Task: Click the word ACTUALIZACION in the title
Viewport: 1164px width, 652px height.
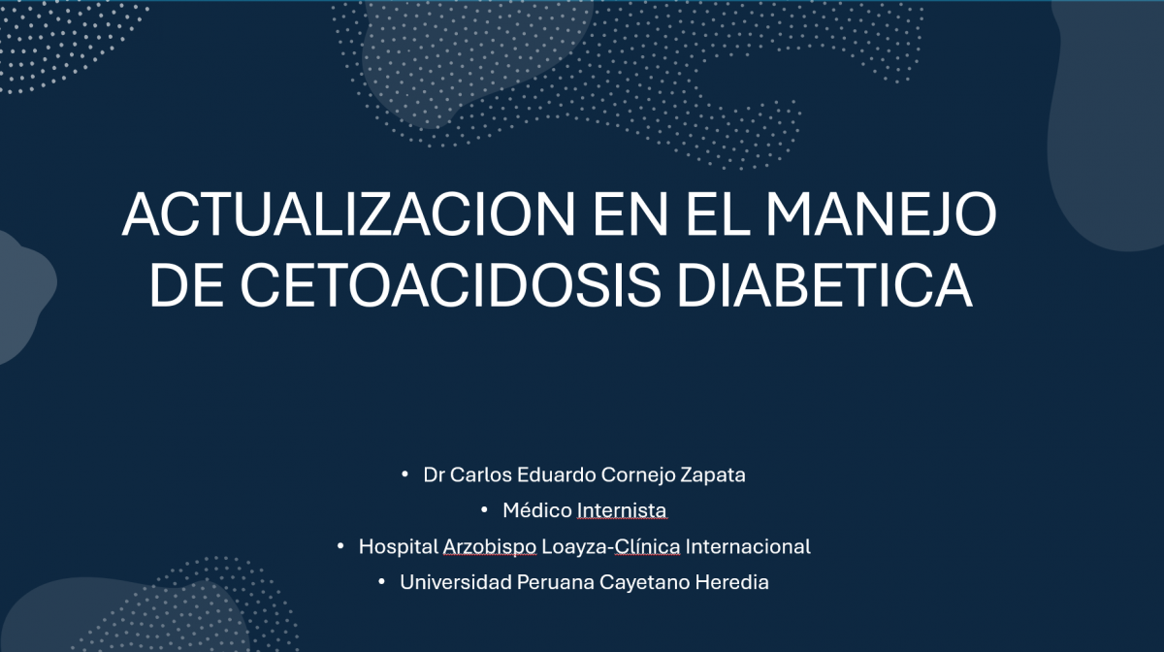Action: pyautogui.click(x=348, y=214)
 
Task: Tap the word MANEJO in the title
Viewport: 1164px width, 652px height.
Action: pyautogui.click(x=881, y=214)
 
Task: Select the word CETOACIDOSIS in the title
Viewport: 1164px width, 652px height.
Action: pyautogui.click(x=450, y=285)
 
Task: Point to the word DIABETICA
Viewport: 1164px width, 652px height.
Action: pyautogui.click(x=825, y=285)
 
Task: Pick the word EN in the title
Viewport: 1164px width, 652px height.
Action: pyautogui.click(x=630, y=214)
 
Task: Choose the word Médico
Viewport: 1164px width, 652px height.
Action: pyautogui.click(x=537, y=510)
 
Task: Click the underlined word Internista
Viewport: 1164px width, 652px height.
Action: pyautogui.click(x=622, y=510)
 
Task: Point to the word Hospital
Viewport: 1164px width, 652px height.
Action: pyautogui.click(x=399, y=547)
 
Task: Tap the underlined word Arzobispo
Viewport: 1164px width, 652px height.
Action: pyautogui.click(x=490, y=547)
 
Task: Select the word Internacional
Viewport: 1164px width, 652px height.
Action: pyautogui.click(x=748, y=546)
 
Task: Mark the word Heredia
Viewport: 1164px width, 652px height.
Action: pyautogui.click(x=731, y=582)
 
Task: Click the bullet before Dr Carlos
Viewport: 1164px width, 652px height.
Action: pyautogui.click(x=404, y=474)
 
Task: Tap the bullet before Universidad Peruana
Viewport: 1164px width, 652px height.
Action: pyautogui.click(x=381, y=582)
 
